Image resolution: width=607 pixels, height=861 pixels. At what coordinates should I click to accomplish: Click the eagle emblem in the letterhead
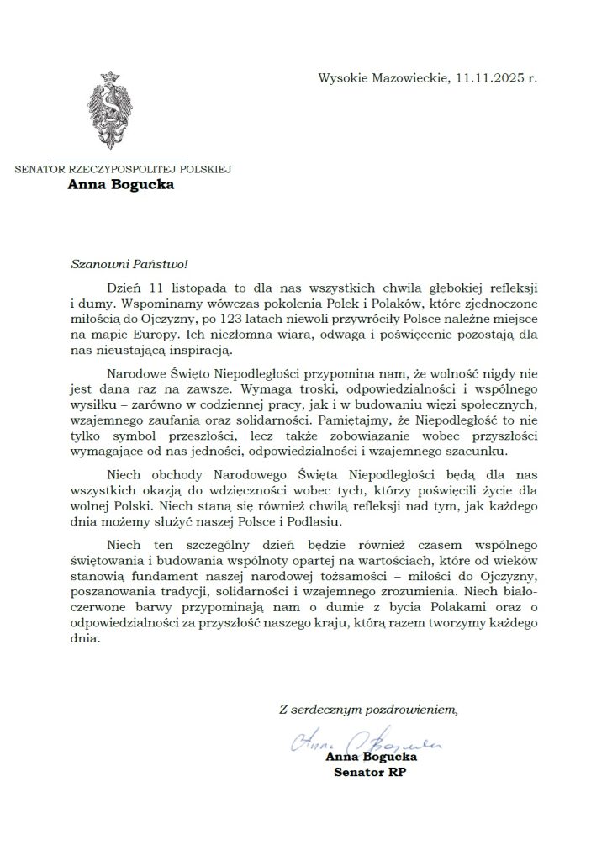108,114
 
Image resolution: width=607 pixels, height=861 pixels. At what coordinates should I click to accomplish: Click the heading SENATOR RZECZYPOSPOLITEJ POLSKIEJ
123,168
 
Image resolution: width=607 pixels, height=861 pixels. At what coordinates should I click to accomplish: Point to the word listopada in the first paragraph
196,288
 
